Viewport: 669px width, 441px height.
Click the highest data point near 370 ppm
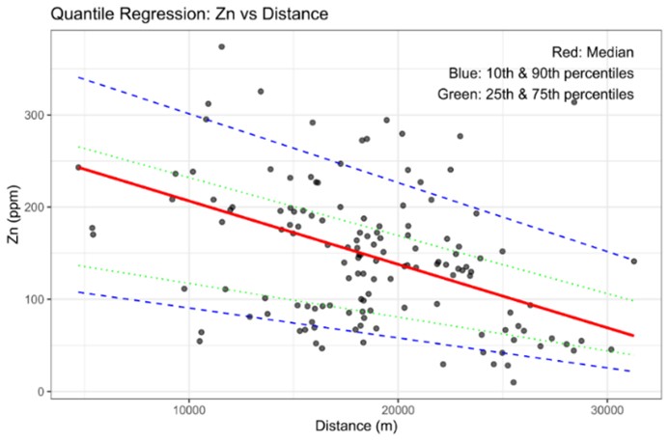tap(221, 46)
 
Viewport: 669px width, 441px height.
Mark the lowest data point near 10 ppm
tap(514, 382)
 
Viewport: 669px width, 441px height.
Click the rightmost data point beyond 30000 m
tap(634, 261)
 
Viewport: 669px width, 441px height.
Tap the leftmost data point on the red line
tap(78, 167)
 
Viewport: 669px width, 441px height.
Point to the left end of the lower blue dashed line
tap(78, 291)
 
